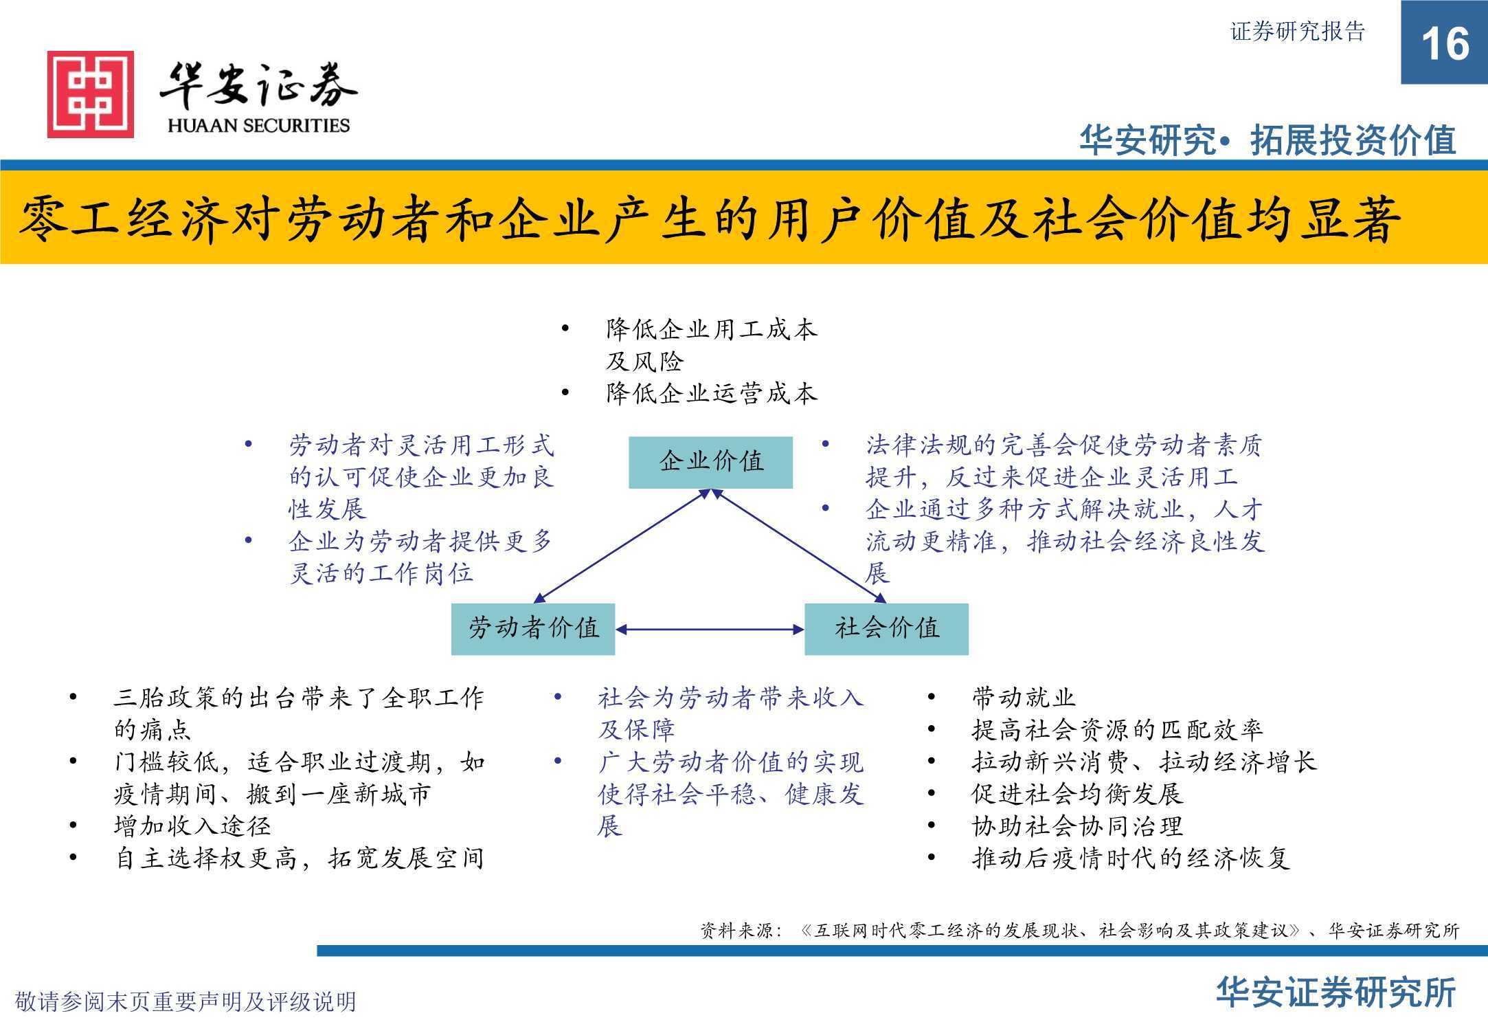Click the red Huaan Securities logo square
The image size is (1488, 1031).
(91, 94)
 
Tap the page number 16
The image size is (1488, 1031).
(1445, 44)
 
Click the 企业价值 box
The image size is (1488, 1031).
(711, 462)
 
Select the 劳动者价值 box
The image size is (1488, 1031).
(533, 629)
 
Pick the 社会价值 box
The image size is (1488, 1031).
(886, 629)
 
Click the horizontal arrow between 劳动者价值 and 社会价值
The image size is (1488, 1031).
(710, 629)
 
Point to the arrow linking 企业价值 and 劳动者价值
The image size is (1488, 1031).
(622, 546)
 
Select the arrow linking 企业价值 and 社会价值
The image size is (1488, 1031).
(799, 546)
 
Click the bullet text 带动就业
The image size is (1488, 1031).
(1024, 698)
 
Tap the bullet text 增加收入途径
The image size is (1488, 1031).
(193, 825)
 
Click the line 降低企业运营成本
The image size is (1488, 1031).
(712, 393)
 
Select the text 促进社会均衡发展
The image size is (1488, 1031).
(1077, 794)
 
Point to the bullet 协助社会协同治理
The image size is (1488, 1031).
(1077, 825)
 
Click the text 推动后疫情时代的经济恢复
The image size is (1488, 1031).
(1131, 858)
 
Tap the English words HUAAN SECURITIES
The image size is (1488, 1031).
(258, 126)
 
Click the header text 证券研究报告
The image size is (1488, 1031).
(1297, 32)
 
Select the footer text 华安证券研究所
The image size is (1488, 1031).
(1336, 993)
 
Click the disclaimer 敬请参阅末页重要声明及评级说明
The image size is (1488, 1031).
(185, 1001)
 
